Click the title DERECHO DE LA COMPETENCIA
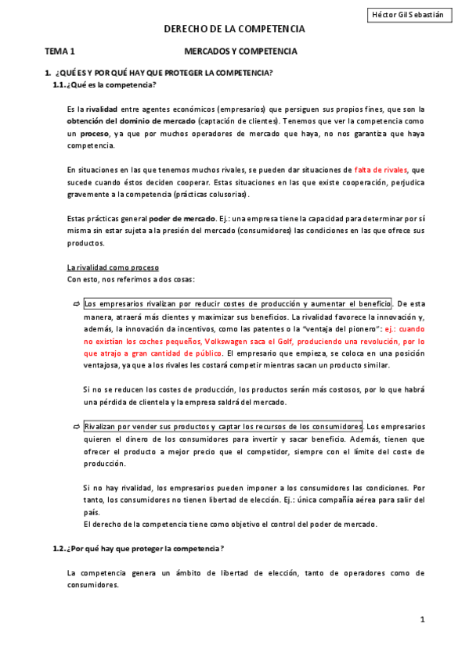coord(234,29)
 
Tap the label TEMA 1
coord(60,51)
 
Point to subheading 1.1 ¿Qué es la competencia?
coord(105,84)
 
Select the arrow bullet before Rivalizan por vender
coord(76,427)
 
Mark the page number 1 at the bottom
coord(421,620)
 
